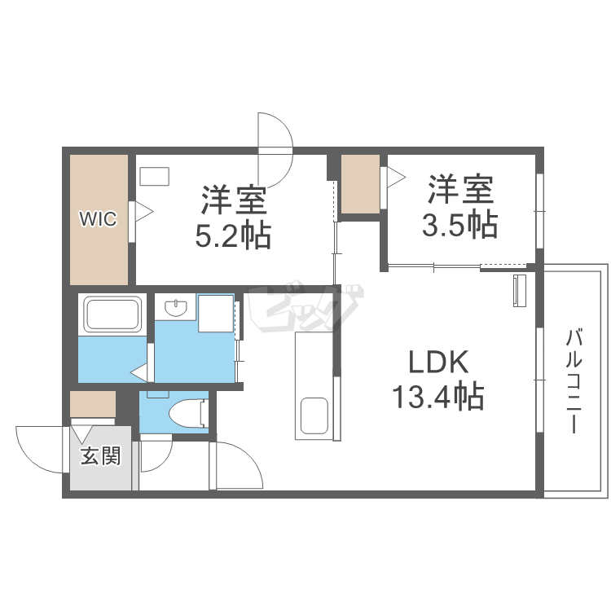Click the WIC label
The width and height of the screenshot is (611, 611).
coord(98,218)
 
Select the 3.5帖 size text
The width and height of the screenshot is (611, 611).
coord(459,224)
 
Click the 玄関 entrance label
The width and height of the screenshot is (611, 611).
coord(100,456)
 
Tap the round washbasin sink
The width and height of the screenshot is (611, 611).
coord(175,309)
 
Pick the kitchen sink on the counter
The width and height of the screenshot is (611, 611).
coord(315,415)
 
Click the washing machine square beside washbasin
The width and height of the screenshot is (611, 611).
coord(216,314)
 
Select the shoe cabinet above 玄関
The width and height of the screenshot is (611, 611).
coord(92,404)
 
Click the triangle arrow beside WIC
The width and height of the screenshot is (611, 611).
coord(143,213)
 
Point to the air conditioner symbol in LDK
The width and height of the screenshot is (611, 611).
coord(519,291)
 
